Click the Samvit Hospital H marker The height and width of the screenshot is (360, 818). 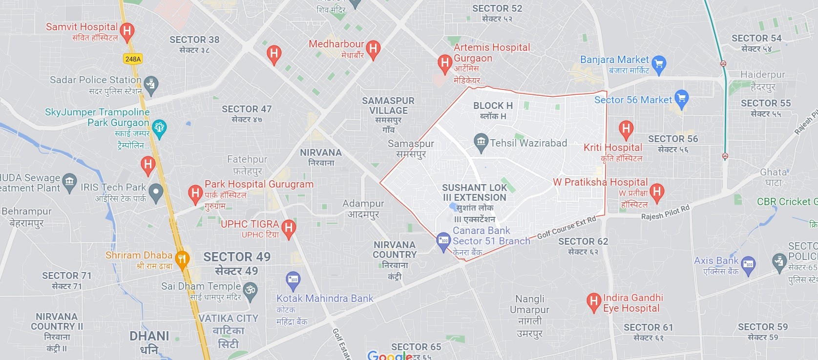[x=127, y=32]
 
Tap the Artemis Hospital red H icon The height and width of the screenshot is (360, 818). [x=444, y=63]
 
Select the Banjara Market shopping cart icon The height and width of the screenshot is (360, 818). [x=659, y=64]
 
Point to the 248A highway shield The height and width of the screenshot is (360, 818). [x=133, y=59]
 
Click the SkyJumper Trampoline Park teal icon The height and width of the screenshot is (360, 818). [x=159, y=128]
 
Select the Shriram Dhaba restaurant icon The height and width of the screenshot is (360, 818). [x=182, y=259]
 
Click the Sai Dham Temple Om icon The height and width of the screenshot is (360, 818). [x=250, y=290]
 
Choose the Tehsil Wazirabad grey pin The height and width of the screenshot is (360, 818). [x=481, y=142]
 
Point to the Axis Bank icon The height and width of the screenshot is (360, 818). [x=748, y=265]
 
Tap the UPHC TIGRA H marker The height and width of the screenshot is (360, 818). [x=289, y=228]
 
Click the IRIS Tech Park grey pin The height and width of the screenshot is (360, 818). [x=156, y=192]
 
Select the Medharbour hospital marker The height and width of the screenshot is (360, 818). [x=373, y=48]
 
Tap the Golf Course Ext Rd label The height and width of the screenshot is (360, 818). [x=566, y=227]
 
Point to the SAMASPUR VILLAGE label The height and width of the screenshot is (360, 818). [x=388, y=106]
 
